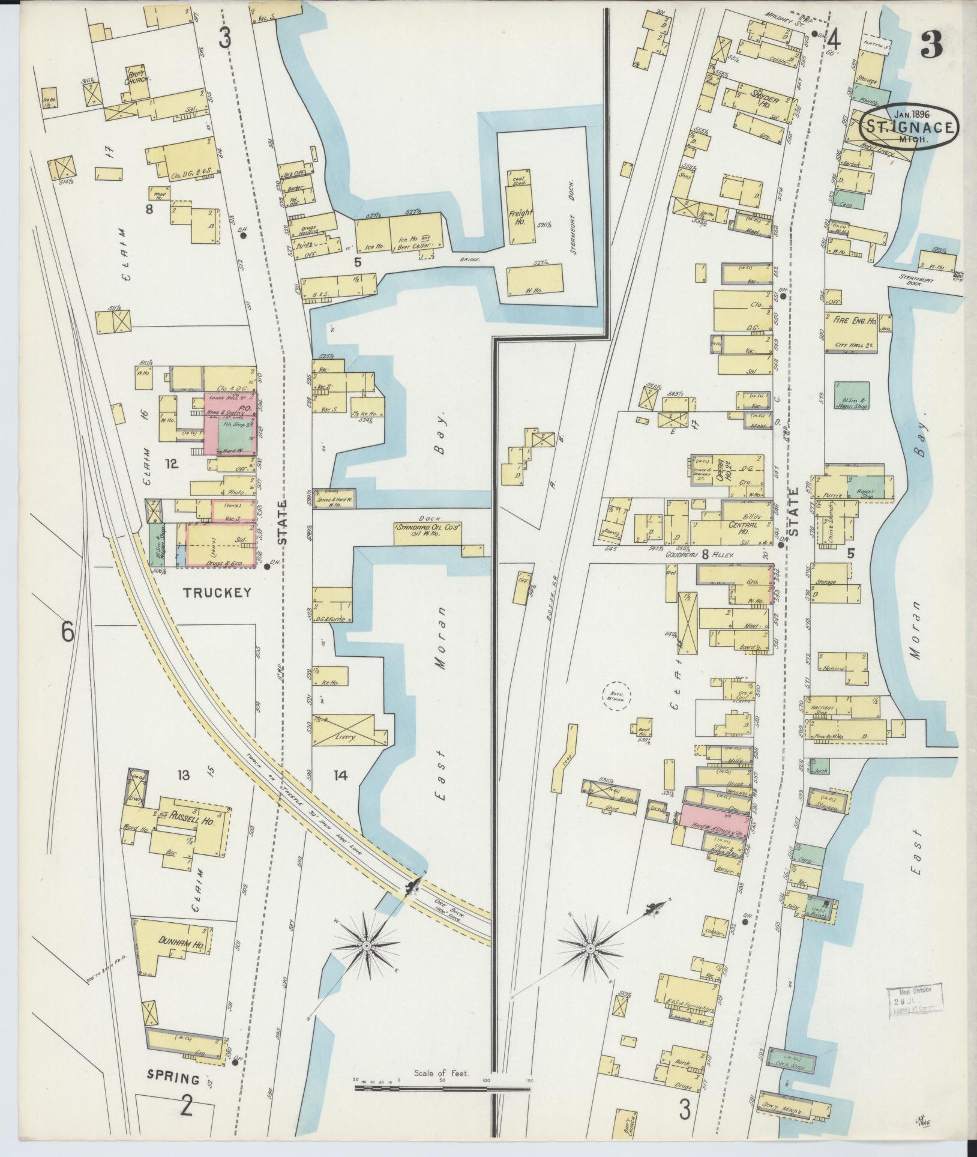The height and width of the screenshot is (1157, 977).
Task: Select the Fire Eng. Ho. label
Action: [855, 321]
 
